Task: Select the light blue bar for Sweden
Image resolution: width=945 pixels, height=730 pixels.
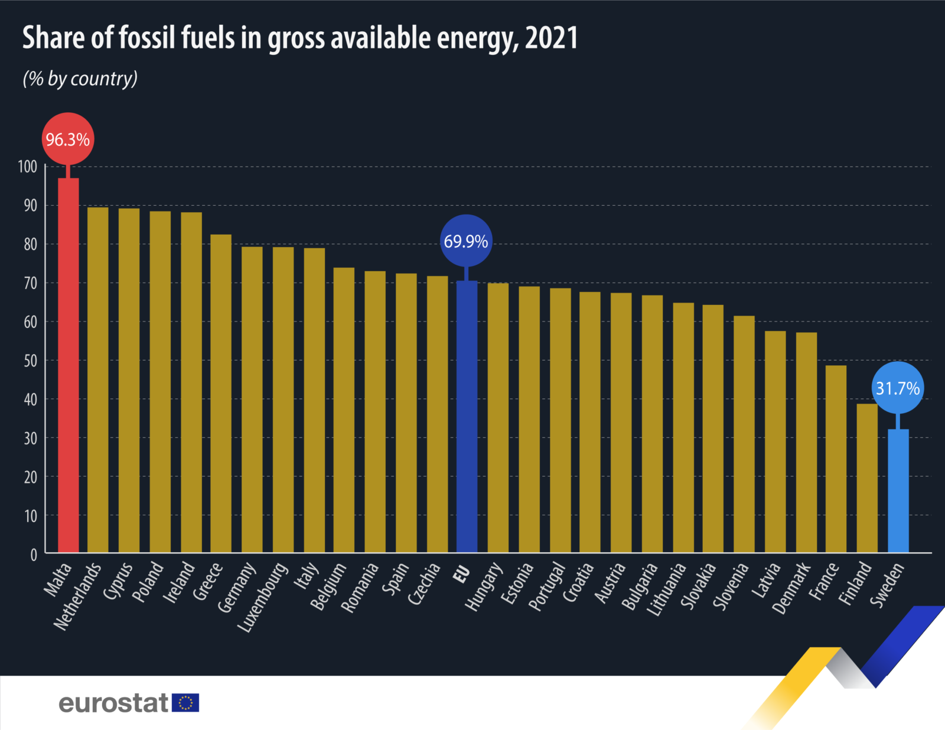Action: coord(898,491)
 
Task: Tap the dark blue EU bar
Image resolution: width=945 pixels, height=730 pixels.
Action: coord(467,417)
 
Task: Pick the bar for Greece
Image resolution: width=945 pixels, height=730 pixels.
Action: coord(221,394)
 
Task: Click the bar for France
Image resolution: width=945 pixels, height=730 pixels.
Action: coord(836,459)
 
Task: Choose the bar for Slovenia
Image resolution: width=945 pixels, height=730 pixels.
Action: coord(744,434)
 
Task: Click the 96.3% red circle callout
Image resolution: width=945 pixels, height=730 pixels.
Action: coord(68,139)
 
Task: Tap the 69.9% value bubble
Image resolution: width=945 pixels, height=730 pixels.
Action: coord(466,241)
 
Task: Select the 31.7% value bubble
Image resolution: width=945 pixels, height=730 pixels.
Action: coord(898,388)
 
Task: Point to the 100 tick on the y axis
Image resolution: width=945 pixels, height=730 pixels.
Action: coord(28,167)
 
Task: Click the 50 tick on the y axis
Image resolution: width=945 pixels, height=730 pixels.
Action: coord(30,361)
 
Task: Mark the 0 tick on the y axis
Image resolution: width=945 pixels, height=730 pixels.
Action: coord(34,554)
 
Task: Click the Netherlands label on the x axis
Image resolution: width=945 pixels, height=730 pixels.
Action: coord(77,596)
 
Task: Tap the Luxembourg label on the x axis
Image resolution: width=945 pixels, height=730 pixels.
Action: coord(263,597)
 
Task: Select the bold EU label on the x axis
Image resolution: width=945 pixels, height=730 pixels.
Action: coord(461,574)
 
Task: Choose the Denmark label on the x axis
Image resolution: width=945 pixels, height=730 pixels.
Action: coord(791,588)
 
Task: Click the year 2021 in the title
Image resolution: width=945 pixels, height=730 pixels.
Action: coord(551,38)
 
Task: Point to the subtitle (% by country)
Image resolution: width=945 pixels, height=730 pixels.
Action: coord(80,79)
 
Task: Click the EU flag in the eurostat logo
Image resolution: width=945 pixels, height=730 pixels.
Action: coord(185,703)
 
